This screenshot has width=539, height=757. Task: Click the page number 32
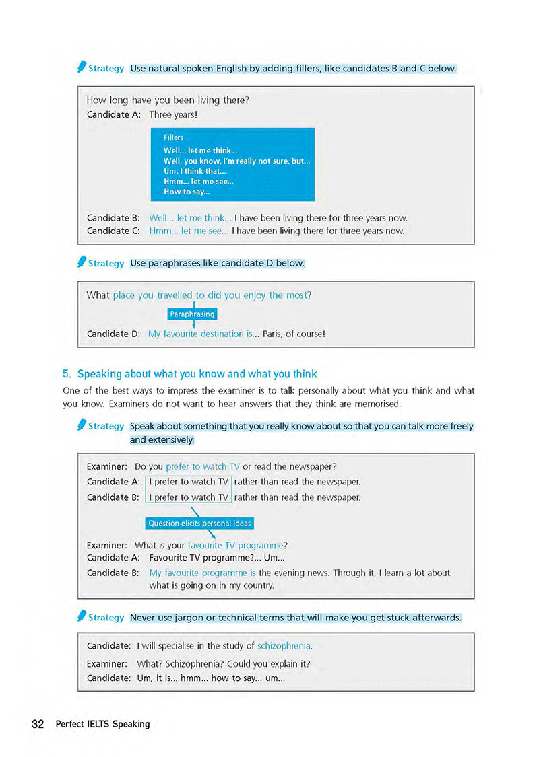[x=37, y=724]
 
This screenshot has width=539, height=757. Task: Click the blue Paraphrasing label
[x=192, y=314]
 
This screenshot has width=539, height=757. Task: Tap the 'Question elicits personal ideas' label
[x=199, y=523]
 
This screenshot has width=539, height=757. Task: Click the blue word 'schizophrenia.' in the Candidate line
[x=285, y=645]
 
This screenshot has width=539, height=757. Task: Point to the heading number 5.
[x=67, y=374]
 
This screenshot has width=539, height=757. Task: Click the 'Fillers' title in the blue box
[x=174, y=137]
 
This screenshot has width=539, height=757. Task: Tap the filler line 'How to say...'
[x=187, y=192]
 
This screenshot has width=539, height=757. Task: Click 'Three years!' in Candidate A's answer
[x=172, y=115]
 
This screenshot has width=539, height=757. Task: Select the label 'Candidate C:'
[x=113, y=231]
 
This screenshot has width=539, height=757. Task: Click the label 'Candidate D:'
[x=113, y=334]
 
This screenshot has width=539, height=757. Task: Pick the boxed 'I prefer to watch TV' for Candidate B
[x=189, y=497]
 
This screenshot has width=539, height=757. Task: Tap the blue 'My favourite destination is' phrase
[x=199, y=334]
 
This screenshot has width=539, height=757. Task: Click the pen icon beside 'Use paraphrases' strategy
[x=82, y=262]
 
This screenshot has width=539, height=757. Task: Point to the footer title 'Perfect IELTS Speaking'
[x=102, y=724]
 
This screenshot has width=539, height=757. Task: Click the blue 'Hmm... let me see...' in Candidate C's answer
[x=189, y=231]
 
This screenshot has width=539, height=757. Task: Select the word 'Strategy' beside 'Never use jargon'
[x=106, y=618]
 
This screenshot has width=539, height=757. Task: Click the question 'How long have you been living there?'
[x=168, y=100]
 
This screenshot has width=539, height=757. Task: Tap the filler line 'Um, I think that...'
[x=195, y=172]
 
